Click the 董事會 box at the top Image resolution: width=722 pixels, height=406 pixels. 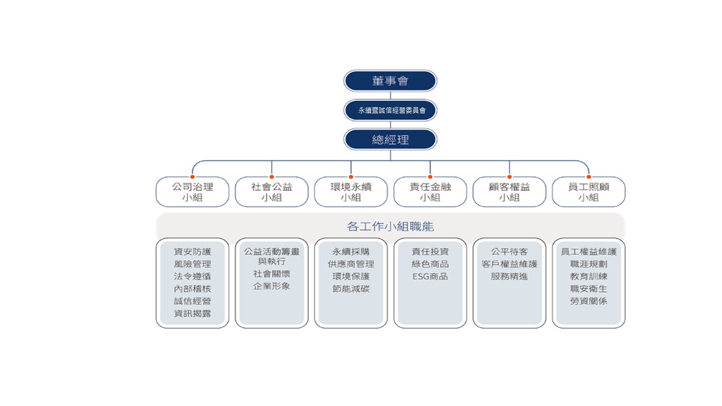click(390, 81)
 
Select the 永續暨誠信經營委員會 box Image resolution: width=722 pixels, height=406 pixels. click(390, 111)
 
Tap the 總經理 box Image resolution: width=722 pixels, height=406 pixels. click(390, 140)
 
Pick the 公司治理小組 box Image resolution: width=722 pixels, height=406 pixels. click(192, 192)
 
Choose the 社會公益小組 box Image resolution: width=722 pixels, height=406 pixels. click(271, 192)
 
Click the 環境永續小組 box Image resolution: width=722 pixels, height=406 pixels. click(351, 192)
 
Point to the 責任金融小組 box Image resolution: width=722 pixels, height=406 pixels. click(430, 192)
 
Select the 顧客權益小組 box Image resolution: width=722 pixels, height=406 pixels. click(509, 192)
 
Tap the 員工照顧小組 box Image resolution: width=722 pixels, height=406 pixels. click(588, 192)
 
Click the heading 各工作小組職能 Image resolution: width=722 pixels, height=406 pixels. click(390, 227)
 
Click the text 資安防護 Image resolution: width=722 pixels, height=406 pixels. click(192, 251)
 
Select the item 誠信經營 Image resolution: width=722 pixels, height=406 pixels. click(192, 301)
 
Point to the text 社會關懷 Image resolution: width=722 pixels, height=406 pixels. click(271, 273)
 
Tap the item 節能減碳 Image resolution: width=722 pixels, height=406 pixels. click(351, 289)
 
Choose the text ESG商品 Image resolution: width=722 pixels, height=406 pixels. click(430, 276)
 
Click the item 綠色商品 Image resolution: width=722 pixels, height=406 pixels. click(430, 264)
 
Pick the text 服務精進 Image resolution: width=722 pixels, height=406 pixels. click(509, 276)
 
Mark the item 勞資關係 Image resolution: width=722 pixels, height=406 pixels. click(588, 301)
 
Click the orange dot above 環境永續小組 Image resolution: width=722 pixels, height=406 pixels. click(351, 176)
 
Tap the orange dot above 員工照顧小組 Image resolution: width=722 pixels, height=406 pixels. click(588, 176)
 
